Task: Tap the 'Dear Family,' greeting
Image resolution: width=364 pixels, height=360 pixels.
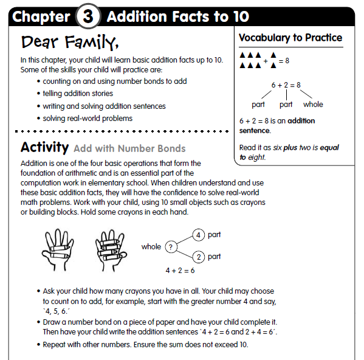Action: (x=69, y=43)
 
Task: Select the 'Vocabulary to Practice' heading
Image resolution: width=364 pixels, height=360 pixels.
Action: (x=290, y=38)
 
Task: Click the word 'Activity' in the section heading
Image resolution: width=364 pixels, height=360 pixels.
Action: (x=44, y=148)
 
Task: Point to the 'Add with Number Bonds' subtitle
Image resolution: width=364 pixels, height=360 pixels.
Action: (x=129, y=148)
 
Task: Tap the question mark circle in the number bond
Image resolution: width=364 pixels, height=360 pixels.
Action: (x=172, y=247)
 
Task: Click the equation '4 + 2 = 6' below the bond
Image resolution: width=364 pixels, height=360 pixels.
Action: (x=180, y=270)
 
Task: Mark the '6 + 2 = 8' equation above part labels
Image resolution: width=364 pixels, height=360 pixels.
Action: (x=286, y=85)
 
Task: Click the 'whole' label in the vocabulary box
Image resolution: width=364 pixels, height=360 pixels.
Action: (x=313, y=104)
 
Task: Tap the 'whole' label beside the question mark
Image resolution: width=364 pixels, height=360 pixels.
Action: (x=151, y=247)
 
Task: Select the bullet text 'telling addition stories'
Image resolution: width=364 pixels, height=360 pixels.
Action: (x=78, y=94)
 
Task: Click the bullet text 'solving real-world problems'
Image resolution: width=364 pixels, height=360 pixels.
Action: (x=88, y=118)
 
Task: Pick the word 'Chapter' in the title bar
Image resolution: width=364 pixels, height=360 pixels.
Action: (x=41, y=16)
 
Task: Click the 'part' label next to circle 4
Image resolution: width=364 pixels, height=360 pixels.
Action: (x=214, y=235)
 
